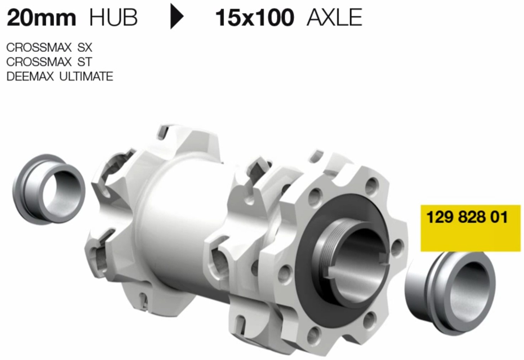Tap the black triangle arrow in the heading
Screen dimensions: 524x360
pos(177,16)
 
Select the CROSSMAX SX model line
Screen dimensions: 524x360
pos(49,48)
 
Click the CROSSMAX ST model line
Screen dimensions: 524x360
pos(49,62)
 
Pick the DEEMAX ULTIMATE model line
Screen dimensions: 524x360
pos(60,76)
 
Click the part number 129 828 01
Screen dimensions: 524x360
pos(467,217)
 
